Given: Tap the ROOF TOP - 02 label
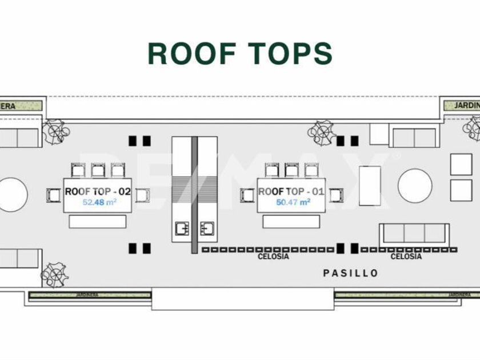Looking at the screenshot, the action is coord(98,191).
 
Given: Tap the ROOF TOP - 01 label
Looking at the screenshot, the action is coord(291,191).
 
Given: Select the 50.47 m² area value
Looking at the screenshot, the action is coord(293,202).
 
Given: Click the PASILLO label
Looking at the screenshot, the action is coord(350,273).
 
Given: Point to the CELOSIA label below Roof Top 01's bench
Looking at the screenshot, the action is coord(273,257).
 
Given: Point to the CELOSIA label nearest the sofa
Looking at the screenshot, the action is coord(406,257).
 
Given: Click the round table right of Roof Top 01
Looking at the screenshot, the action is coord(415,186).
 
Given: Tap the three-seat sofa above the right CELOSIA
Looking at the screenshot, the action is coord(414,233).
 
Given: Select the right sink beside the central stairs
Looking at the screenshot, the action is coord(207,229).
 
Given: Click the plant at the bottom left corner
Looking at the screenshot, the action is coord(55,274).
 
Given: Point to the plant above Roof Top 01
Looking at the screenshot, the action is coord(322,133).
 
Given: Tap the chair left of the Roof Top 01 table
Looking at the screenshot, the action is coord(247,195).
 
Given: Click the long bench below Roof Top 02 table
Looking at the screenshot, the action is coord(98,222).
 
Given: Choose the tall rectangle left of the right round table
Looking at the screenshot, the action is coord(370,185).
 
